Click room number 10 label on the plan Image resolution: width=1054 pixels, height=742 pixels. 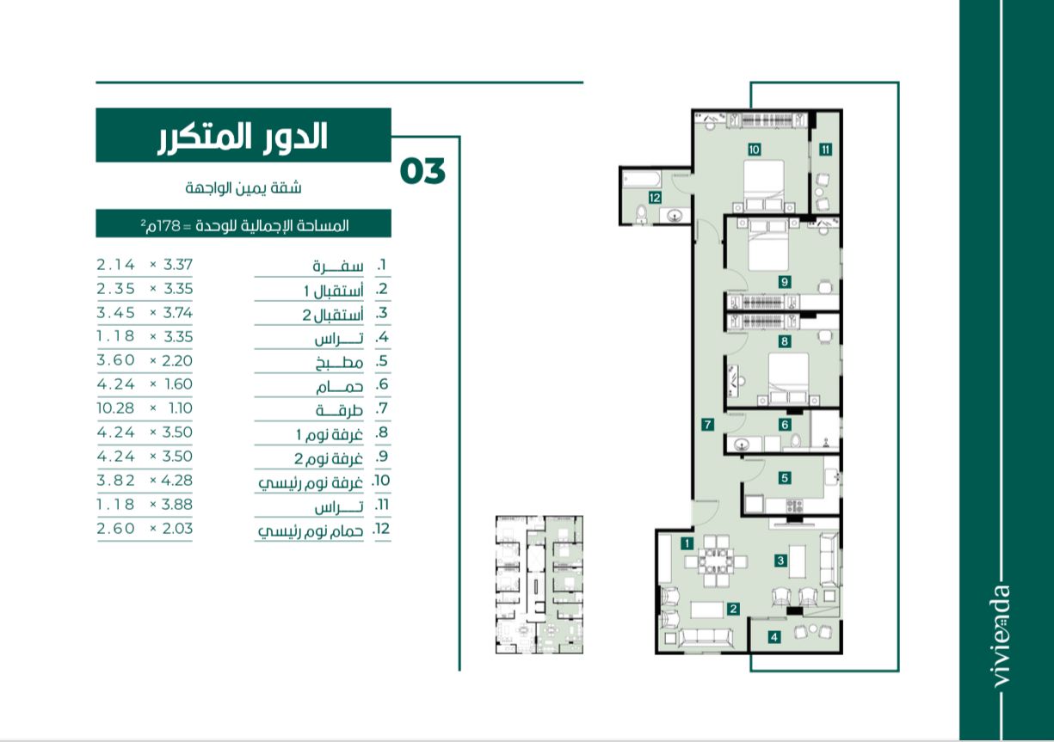pyautogui.click(x=755, y=150)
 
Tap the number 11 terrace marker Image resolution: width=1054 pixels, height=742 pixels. pyautogui.click(x=826, y=150)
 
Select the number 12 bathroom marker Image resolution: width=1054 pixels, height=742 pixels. pyautogui.click(x=655, y=198)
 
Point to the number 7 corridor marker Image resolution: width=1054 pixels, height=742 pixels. pyautogui.click(x=707, y=425)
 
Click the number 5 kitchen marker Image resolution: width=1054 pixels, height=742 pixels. pyautogui.click(x=785, y=478)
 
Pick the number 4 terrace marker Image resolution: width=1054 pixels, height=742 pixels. pyautogui.click(x=774, y=637)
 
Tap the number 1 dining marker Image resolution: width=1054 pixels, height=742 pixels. pyautogui.click(x=687, y=543)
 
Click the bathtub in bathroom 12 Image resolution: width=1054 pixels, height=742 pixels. pyautogui.click(x=642, y=180)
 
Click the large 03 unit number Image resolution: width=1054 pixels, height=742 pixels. pyautogui.click(x=422, y=171)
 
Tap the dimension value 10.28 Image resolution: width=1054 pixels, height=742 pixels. pyautogui.click(x=116, y=408)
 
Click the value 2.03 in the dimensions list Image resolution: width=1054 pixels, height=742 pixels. pyautogui.click(x=177, y=529)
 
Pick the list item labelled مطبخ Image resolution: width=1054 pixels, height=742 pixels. pyautogui.click(x=339, y=363)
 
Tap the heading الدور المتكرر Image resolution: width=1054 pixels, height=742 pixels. pyautogui.click(x=243, y=138)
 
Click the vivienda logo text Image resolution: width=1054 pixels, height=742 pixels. pyautogui.click(x=1002, y=636)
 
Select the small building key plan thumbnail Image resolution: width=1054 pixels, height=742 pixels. pyautogui.click(x=539, y=585)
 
